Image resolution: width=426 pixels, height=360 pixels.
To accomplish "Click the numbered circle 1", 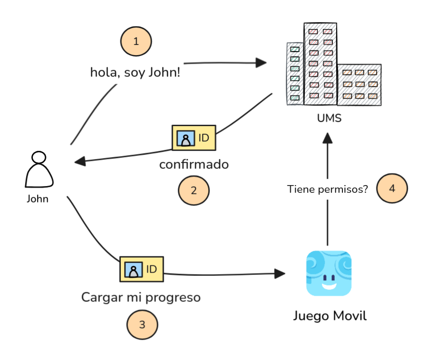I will (136, 42).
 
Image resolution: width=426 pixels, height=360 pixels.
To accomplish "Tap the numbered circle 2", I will (194, 190).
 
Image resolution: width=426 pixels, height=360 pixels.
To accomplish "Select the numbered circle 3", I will (142, 325).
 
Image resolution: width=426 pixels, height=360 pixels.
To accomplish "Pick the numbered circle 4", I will (392, 188).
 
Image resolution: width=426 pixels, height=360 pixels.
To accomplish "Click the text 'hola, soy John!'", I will (135, 72).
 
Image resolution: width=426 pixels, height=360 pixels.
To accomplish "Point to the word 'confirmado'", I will (194, 165).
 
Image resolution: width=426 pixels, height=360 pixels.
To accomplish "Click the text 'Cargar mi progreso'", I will (141, 297).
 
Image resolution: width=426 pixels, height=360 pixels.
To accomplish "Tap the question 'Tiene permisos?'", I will (327, 189).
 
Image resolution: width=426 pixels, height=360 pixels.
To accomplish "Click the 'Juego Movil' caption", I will (330, 317).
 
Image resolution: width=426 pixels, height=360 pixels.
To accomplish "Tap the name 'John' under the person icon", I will (38, 199).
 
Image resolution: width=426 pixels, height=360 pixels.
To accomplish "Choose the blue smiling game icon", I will (329, 273).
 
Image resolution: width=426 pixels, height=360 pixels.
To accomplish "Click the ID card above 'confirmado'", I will (194, 138).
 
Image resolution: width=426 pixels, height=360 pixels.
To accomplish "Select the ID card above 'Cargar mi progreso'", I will (142, 269).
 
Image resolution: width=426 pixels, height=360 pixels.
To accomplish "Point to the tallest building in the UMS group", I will (320, 63).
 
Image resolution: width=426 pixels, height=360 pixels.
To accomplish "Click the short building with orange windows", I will (359, 85).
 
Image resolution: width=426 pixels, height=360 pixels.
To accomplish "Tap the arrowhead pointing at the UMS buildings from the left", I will (262, 62).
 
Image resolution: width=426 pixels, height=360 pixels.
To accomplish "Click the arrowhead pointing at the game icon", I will (280, 274).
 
